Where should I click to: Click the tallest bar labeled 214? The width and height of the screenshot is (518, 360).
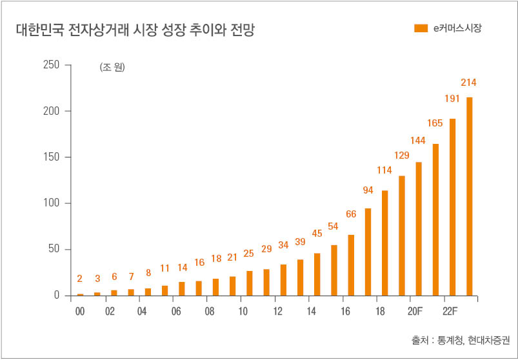(470, 196)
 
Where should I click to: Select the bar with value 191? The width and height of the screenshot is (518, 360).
(452, 206)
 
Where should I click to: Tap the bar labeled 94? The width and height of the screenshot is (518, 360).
(368, 252)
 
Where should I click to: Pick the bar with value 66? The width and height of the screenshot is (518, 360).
(351, 265)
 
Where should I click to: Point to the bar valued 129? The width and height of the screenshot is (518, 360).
(402, 235)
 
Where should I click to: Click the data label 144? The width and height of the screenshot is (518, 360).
(419, 140)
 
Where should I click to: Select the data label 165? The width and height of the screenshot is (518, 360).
(435, 123)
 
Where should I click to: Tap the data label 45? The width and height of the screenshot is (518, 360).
(317, 234)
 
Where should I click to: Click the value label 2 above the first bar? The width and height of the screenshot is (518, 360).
(80, 279)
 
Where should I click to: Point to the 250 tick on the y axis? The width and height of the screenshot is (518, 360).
(52, 65)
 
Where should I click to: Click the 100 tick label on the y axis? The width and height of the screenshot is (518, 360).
(52, 203)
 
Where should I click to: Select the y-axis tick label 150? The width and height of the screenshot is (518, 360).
(52, 157)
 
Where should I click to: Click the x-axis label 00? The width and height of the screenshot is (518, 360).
(80, 310)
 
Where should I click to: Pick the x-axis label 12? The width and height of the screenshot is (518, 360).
(278, 310)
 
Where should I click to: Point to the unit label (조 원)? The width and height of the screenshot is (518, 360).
(112, 67)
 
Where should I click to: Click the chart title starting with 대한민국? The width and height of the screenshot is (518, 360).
(135, 30)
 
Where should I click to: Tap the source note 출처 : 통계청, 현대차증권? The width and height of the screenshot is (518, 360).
(460, 339)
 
